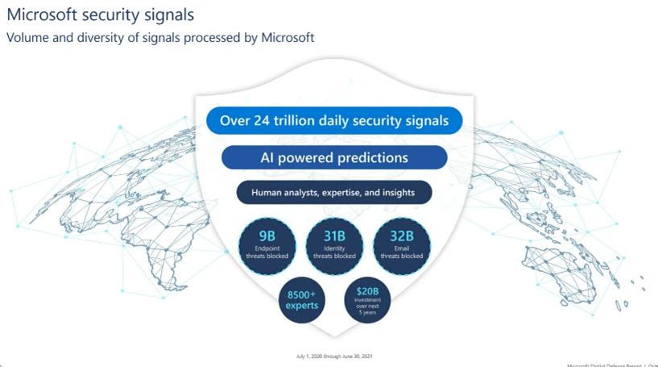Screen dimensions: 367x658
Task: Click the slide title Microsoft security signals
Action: pos(100,15)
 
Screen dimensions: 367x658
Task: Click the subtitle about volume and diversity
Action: pos(160,37)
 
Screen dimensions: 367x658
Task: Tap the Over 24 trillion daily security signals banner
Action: pos(334,121)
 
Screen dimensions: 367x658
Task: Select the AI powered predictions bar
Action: pos(334,157)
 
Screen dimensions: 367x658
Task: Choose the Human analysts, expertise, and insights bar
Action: pos(334,193)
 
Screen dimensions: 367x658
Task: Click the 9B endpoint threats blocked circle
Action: pos(267,245)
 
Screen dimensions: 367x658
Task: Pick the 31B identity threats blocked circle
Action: pos(334,245)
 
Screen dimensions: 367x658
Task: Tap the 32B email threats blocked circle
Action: pos(401,245)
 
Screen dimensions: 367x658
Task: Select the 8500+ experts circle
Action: pos(303,300)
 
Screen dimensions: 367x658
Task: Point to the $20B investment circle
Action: pos(368,300)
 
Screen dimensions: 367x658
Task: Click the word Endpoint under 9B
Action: pos(267,249)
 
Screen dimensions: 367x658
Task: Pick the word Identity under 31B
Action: pos(334,249)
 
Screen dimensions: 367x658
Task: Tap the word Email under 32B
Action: pos(401,249)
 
